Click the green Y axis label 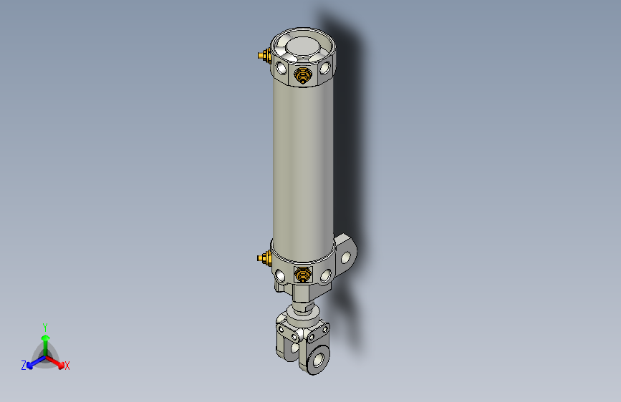pyautogui.click(x=44, y=326)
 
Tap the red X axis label pyautogui.click(x=67, y=366)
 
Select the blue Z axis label pyautogui.click(x=24, y=366)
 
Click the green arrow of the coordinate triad pyautogui.click(x=45, y=340)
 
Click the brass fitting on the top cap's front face pyautogui.click(x=303, y=74)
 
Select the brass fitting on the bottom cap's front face pyautogui.click(x=303, y=273)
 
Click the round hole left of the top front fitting pyautogui.click(x=280, y=69)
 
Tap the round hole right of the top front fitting pyautogui.click(x=326, y=69)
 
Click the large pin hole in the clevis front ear pyautogui.click(x=316, y=358)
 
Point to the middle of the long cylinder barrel pyautogui.click(x=303, y=165)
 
